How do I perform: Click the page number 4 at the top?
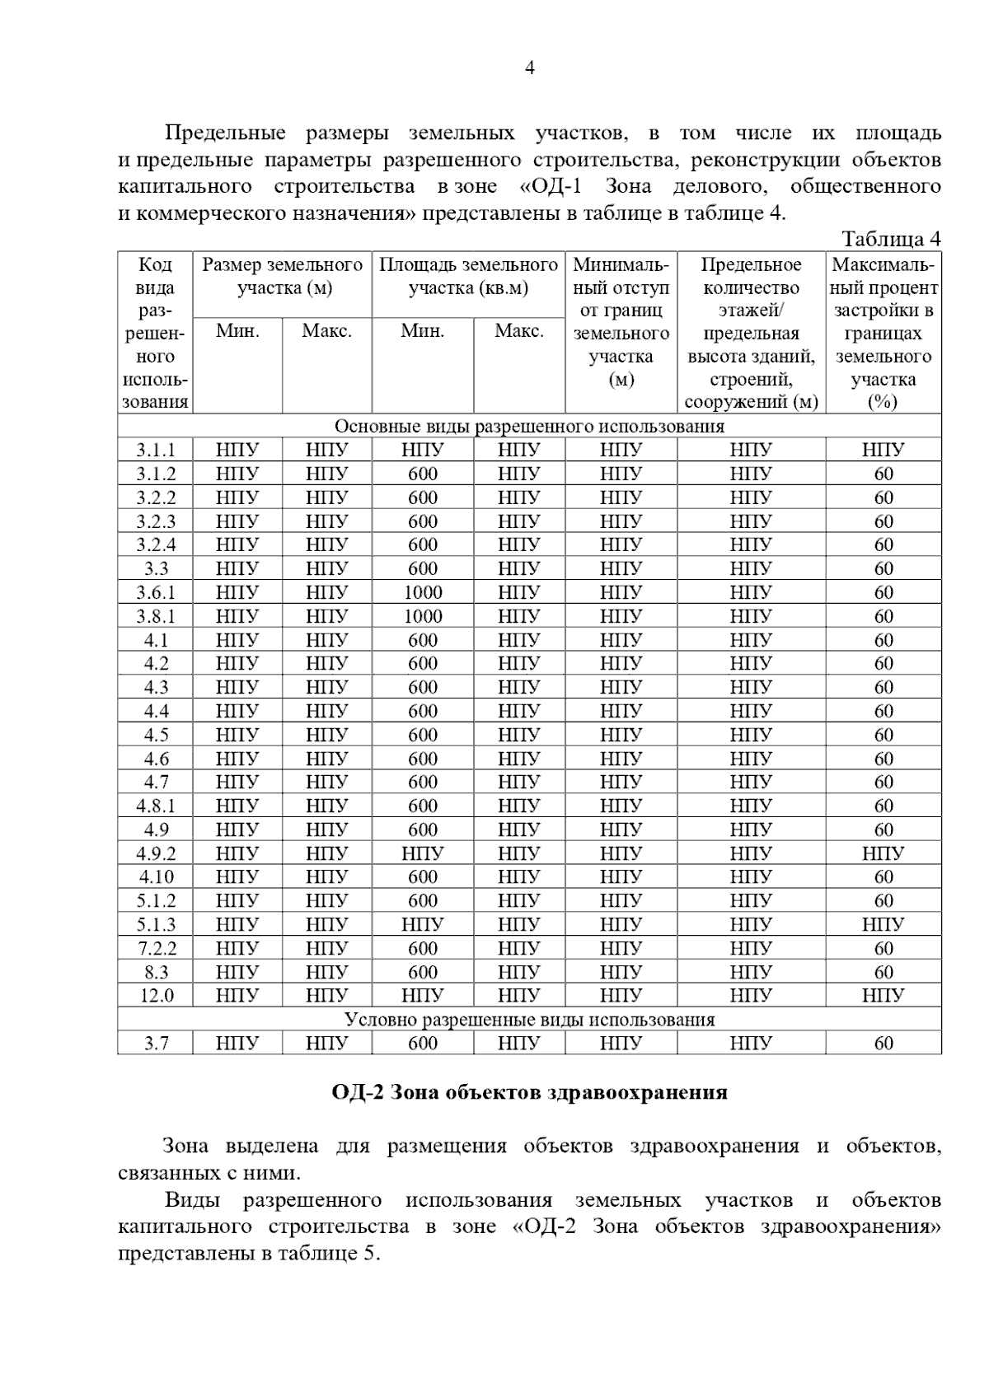point(530,68)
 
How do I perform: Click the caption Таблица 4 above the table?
point(891,239)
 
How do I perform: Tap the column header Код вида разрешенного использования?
point(155,333)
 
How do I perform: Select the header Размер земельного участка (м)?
point(283,277)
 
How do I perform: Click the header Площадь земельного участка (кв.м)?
point(468,277)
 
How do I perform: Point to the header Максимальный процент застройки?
point(884,333)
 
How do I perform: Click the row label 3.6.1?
point(156,592)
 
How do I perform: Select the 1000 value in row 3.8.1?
point(423,616)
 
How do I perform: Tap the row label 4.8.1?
point(156,806)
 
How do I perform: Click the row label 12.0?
point(156,995)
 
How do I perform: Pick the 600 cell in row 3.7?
point(423,1043)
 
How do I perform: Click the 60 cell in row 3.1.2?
point(884,474)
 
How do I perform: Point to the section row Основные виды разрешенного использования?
point(529,426)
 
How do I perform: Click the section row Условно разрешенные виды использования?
point(529,1019)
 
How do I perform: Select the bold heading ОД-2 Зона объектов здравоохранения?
point(529,1092)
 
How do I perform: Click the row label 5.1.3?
point(156,924)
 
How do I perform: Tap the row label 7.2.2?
point(156,948)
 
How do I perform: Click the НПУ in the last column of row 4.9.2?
point(884,853)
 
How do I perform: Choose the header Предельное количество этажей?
point(751,333)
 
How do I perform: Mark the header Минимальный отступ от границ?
point(621,322)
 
